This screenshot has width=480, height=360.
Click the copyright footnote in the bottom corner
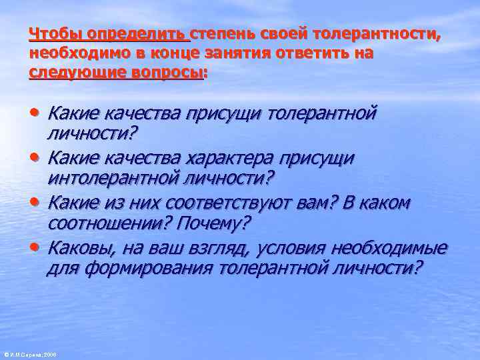tap(29, 355)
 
